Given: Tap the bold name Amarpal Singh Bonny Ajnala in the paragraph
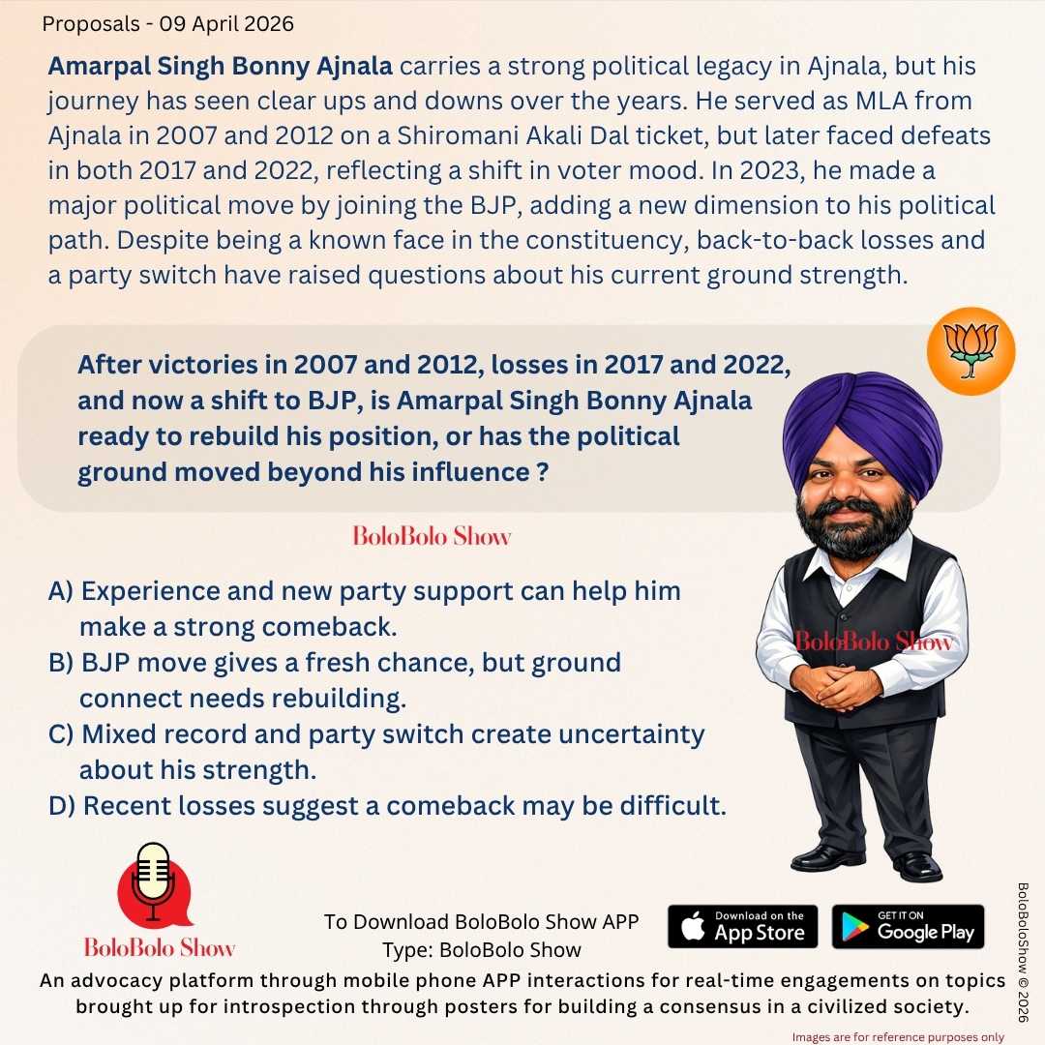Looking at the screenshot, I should pyautogui.click(x=221, y=68).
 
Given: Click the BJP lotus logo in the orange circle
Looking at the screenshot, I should pyautogui.click(x=970, y=351).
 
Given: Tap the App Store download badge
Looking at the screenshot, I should pyautogui.click(x=742, y=926).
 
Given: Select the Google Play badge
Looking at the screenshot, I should pyautogui.click(x=908, y=926).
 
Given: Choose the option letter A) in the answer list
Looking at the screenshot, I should pyautogui.click(x=62, y=591).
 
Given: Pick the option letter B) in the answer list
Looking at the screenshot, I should pyautogui.click(x=62, y=663).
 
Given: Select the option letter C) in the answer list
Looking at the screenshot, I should pyautogui.click(x=62, y=734).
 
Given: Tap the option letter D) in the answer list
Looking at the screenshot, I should pyautogui.click(x=63, y=805).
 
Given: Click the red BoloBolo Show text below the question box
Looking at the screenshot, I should pyautogui.click(x=432, y=536).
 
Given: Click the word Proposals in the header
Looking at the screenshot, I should pyautogui.click(x=85, y=24).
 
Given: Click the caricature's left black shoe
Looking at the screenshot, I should pyautogui.click(x=827, y=857).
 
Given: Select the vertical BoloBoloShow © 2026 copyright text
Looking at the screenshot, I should pyautogui.click(x=1024, y=952).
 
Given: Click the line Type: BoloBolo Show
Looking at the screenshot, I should pyautogui.click(x=481, y=949).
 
